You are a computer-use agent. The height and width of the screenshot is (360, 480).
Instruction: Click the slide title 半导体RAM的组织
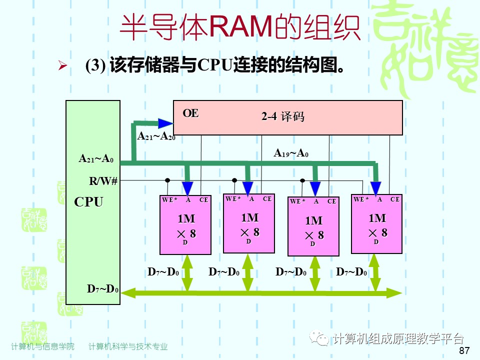[240, 27]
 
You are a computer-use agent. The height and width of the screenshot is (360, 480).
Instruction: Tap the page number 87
[464, 350]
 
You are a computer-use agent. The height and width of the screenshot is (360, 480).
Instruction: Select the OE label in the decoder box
[190, 113]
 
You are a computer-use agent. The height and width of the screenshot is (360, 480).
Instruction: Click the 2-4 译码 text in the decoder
[282, 117]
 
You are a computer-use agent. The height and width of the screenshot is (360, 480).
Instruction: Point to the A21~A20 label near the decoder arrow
[156, 136]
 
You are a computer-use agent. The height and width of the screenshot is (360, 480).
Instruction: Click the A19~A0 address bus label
[291, 153]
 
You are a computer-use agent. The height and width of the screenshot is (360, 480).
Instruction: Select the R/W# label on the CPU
[103, 181]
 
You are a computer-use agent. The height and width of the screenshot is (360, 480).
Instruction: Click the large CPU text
[88, 202]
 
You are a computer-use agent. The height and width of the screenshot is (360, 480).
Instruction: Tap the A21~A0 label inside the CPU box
[96, 158]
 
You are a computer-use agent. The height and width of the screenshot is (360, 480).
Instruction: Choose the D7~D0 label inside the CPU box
[102, 289]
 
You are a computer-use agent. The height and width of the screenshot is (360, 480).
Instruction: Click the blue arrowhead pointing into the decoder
[164, 123]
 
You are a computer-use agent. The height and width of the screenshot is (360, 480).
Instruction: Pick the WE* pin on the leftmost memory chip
[169, 200]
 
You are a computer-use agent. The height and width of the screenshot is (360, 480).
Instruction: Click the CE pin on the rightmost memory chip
[395, 199]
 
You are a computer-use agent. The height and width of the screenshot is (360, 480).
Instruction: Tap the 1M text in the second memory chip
[249, 217]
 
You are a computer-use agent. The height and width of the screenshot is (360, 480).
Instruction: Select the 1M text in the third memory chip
[313, 220]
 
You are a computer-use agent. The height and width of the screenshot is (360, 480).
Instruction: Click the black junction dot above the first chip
[168, 180]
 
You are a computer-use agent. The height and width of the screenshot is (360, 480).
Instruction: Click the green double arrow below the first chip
[187, 272]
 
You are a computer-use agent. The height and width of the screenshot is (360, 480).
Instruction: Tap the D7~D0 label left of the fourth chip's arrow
[351, 272]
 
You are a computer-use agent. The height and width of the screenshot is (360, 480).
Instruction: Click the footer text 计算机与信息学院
[42, 346]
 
